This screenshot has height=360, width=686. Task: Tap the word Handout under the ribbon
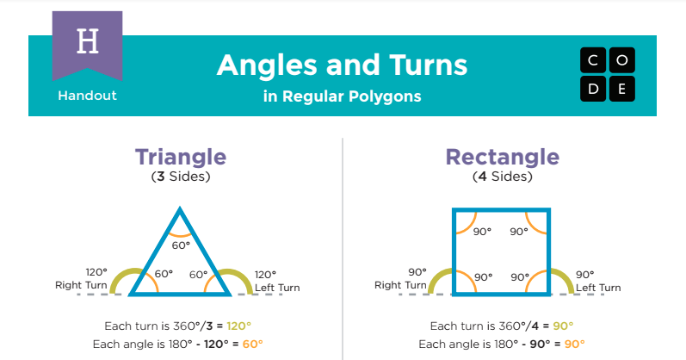click(87, 96)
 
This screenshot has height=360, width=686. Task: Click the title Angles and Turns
click(342, 65)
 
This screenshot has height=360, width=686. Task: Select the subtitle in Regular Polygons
click(342, 96)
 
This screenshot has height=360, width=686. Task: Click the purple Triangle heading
click(180, 158)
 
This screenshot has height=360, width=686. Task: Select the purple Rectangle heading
click(502, 158)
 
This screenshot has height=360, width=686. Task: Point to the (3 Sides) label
click(180, 177)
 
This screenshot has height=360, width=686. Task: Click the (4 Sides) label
click(502, 177)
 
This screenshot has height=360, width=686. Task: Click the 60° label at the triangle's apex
click(180, 245)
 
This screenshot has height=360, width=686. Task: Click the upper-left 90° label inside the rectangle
click(482, 231)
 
